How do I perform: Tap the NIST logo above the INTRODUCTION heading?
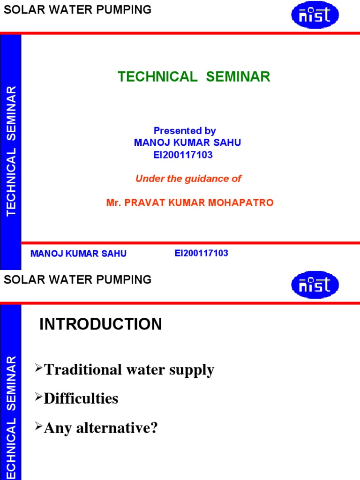315,285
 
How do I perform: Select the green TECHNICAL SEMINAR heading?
194,77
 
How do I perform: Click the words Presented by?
185,131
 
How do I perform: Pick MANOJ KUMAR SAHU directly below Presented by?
187,143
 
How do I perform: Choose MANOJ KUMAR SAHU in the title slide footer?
78,254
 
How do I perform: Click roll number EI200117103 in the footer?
201,253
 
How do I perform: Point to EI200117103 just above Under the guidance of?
183,155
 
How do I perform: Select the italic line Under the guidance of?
188,179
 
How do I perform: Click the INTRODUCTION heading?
101,324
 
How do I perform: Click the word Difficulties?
81,399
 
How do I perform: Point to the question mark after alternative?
154,428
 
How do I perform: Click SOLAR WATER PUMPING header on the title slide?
78,10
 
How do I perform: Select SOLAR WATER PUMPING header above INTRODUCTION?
78,280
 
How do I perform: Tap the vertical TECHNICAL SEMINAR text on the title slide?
11,151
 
